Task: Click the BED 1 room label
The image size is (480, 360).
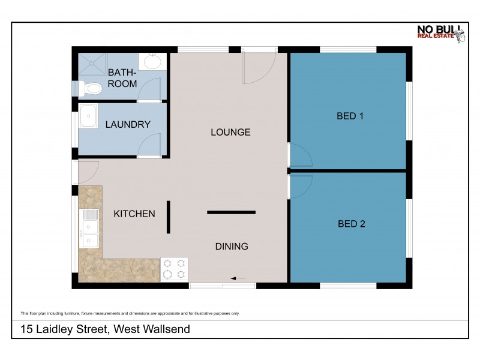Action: pos(350,116)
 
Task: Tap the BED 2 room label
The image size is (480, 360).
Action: pos(351,224)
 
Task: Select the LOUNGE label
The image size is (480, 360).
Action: pos(230,132)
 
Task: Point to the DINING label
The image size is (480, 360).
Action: pos(232,246)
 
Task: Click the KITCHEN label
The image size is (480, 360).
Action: pos(135,214)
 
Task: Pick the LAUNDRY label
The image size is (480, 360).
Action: pos(127,125)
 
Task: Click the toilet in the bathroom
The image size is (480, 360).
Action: pos(91,89)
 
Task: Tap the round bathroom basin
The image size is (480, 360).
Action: pos(152,62)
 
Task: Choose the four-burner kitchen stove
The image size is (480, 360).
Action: pos(174,269)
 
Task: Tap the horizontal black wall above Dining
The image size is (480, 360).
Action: pos(232,212)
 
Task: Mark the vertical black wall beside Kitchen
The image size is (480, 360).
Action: pos(169,217)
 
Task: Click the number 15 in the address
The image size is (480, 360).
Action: pos(26,329)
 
